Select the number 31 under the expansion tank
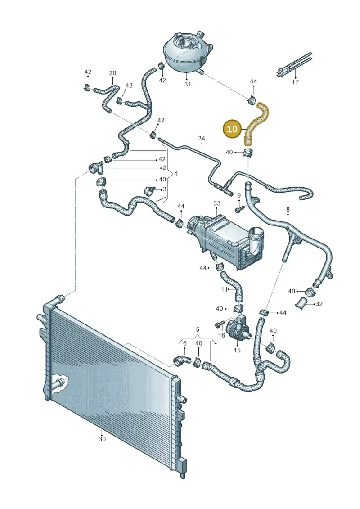pos(188,85)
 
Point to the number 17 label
pos(295,82)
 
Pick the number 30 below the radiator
pos(102,439)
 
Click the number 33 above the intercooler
pos(217,203)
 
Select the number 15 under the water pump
pos(237,350)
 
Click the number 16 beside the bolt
pos(222,335)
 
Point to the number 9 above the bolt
pos(239,195)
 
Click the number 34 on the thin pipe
pos(202,138)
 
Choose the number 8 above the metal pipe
pos(288,210)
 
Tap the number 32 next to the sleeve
pos(319,304)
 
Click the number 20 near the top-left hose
pos(112,73)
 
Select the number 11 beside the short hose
pos(225,289)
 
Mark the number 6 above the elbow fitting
pos(184,343)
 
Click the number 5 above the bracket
pos(198,330)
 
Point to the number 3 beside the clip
pos(165,189)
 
